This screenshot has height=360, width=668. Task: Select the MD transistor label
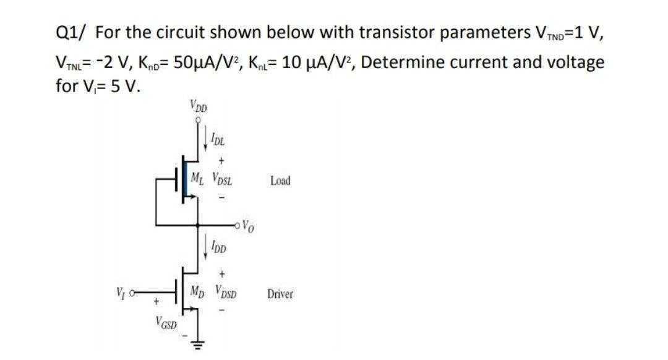(x=199, y=291)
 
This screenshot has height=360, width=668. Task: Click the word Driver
(x=280, y=294)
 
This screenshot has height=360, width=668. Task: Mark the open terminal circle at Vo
(x=238, y=224)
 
